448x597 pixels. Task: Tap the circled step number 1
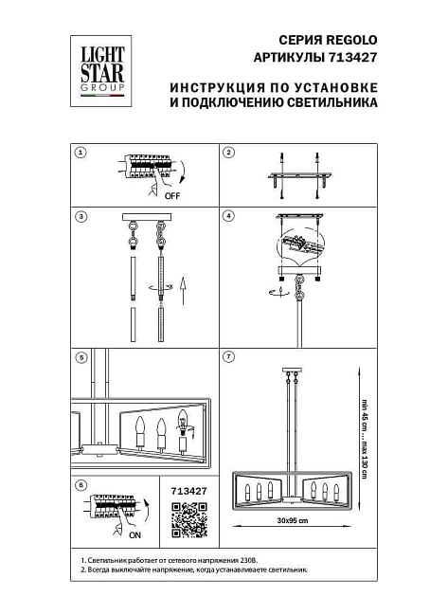click(x=81, y=153)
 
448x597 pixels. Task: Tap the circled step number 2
click(x=228, y=153)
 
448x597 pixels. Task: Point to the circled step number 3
click(x=81, y=217)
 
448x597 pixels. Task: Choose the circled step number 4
click(x=228, y=217)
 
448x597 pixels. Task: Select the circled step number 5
click(x=81, y=357)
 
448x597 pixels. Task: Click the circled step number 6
click(x=81, y=485)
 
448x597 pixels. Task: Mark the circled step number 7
click(x=228, y=357)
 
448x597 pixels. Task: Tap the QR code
click(x=186, y=519)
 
